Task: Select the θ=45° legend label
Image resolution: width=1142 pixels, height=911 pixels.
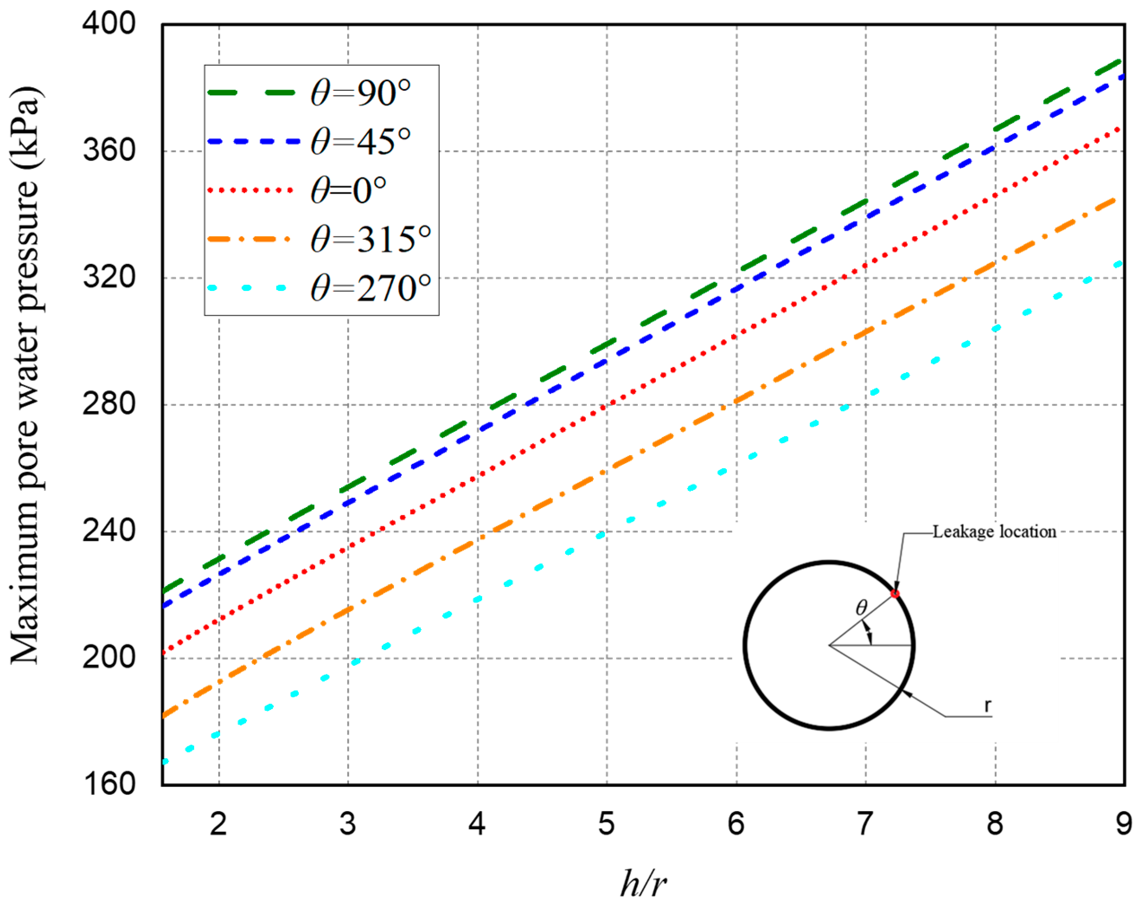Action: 360,142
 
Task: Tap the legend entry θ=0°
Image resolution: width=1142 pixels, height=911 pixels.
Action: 348,190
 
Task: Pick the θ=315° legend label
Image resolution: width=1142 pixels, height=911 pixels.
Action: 370,239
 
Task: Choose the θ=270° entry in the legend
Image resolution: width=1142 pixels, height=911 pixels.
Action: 370,288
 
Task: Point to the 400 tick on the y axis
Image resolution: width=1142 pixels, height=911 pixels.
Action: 109,24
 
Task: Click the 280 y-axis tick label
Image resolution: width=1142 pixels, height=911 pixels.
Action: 109,404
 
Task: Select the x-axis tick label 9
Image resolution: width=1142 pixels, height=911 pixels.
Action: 1123,824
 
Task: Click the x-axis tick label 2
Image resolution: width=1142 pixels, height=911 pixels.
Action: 218,824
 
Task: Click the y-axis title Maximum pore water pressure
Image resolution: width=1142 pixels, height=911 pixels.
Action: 25,374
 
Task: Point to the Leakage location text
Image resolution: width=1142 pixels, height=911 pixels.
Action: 994,532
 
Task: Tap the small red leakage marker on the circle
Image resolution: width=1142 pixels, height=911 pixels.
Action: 895,593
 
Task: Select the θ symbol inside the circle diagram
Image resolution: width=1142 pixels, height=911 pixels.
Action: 862,607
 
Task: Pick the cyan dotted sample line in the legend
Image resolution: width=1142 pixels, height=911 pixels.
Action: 247,288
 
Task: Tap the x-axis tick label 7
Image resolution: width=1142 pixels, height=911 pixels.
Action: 864,824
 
